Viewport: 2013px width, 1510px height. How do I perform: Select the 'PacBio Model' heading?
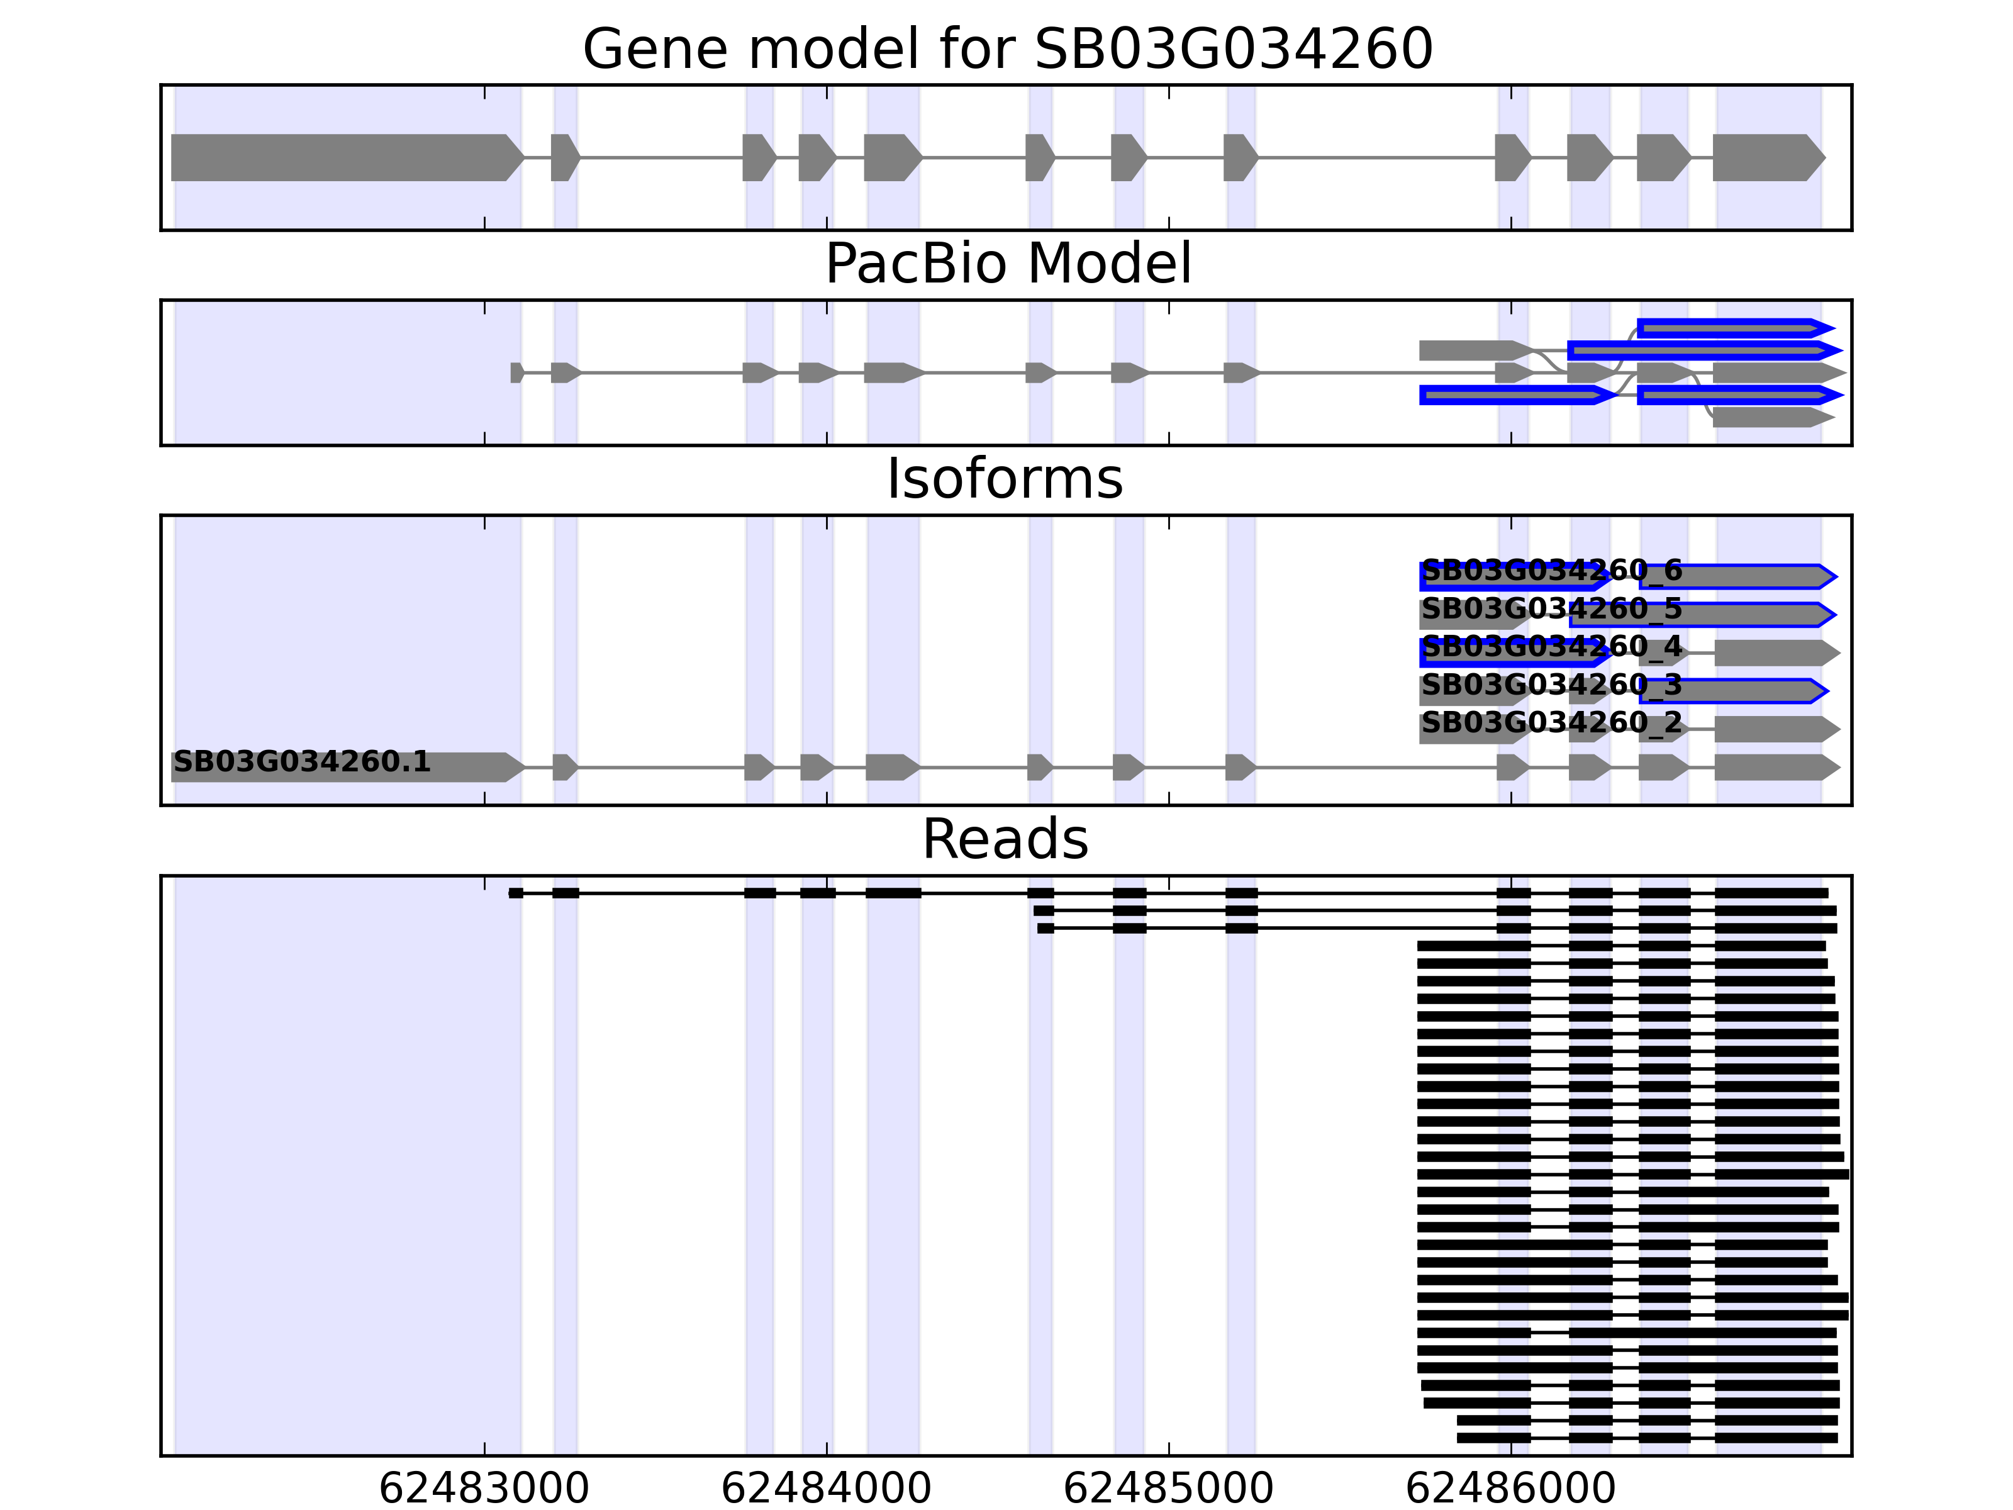click(1007, 264)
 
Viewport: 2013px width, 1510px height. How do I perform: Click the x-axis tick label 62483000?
click(484, 1489)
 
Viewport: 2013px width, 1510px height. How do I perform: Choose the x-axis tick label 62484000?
click(827, 1489)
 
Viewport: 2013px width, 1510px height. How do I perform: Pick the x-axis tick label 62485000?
click(1169, 1489)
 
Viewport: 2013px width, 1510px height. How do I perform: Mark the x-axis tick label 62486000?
click(1510, 1489)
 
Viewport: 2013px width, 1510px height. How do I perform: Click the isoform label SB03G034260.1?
click(301, 762)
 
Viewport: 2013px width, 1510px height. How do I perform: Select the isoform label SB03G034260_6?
click(1552, 571)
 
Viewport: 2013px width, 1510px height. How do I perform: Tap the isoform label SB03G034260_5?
click(1552, 609)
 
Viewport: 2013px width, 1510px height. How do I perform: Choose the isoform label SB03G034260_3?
click(1552, 685)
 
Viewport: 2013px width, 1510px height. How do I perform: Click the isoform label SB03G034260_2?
click(1552, 723)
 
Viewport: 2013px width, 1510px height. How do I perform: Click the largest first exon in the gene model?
click(346, 157)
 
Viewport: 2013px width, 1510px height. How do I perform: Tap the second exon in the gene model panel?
click(564, 157)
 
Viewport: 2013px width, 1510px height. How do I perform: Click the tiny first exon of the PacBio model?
click(516, 372)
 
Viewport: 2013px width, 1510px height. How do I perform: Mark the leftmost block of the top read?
click(516, 893)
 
